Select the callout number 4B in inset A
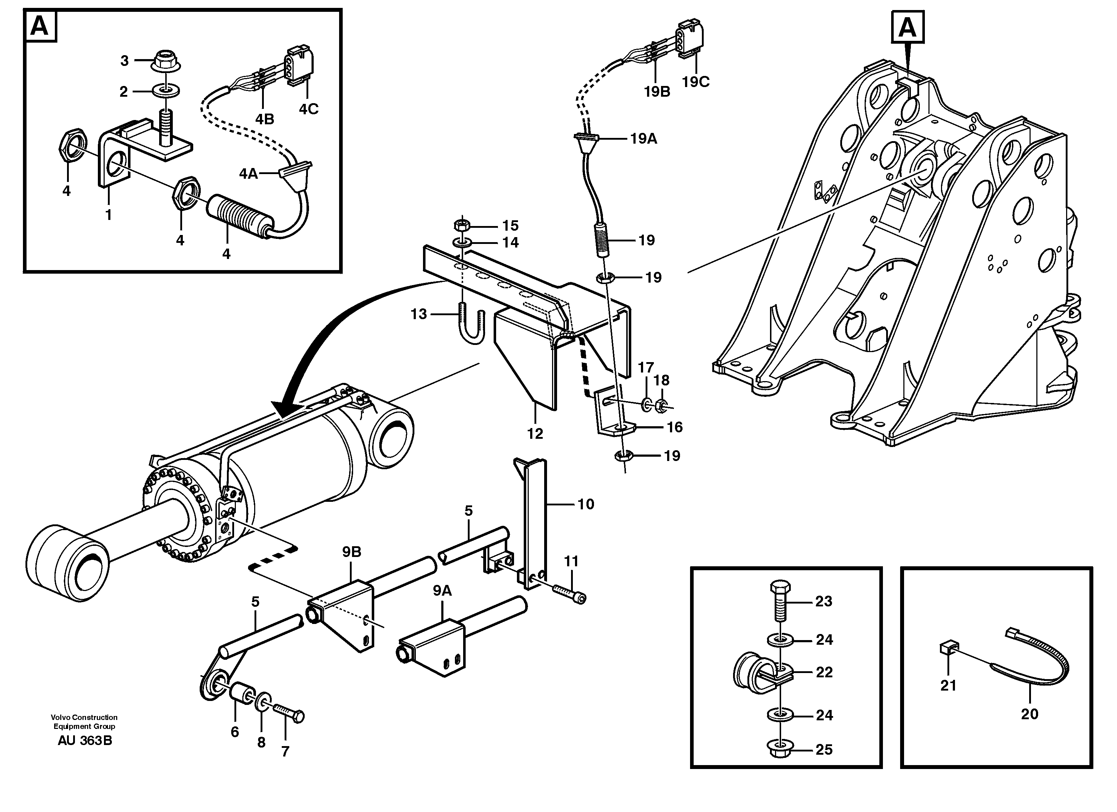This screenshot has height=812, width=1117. [x=265, y=119]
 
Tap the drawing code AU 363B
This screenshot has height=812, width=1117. [x=85, y=741]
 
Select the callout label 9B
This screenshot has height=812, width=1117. [x=352, y=552]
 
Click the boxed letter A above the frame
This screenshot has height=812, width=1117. [x=907, y=28]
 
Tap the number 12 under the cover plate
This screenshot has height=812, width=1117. [x=535, y=433]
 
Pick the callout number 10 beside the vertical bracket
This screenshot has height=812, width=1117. [x=586, y=504]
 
